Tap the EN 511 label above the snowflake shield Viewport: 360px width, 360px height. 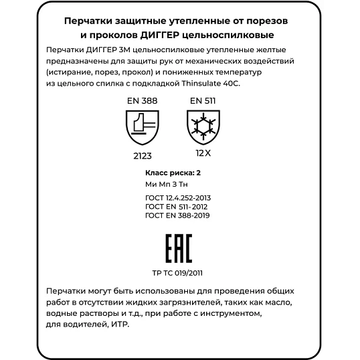coord(202,100)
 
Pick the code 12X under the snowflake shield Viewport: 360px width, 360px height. coord(203,153)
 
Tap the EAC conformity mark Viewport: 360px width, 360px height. coord(178,249)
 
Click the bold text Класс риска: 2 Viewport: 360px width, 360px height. coord(173,173)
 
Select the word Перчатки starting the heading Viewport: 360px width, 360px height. coord(90,21)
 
